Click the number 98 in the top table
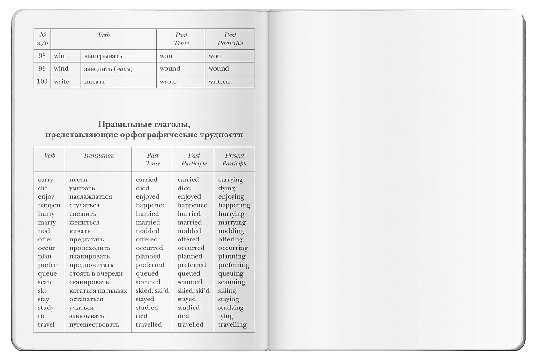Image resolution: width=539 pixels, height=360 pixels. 42,56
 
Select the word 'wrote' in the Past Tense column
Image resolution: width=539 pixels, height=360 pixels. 168,82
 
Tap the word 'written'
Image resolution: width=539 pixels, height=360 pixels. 219,82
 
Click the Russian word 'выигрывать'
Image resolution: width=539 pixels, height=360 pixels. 103,56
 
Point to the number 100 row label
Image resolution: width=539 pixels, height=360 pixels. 42,82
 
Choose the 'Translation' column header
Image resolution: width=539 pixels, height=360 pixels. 98,155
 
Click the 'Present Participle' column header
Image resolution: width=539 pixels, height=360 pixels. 234,159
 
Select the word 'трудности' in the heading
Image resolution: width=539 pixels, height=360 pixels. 221,135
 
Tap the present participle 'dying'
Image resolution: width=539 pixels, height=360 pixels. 227,188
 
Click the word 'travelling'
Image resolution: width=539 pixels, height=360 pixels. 232,324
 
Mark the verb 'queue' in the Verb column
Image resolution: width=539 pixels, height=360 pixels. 47,273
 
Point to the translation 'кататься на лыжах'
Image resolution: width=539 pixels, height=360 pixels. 98,291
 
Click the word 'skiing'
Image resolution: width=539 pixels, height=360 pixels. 227,291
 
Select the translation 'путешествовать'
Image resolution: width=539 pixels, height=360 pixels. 94,324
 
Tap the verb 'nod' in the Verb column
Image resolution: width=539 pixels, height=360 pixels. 44,231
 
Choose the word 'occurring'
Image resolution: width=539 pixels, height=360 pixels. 233,248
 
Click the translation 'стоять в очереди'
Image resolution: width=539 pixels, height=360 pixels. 96,273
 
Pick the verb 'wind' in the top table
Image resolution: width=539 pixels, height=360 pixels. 61,68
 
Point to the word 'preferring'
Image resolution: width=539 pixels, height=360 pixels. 233,265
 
